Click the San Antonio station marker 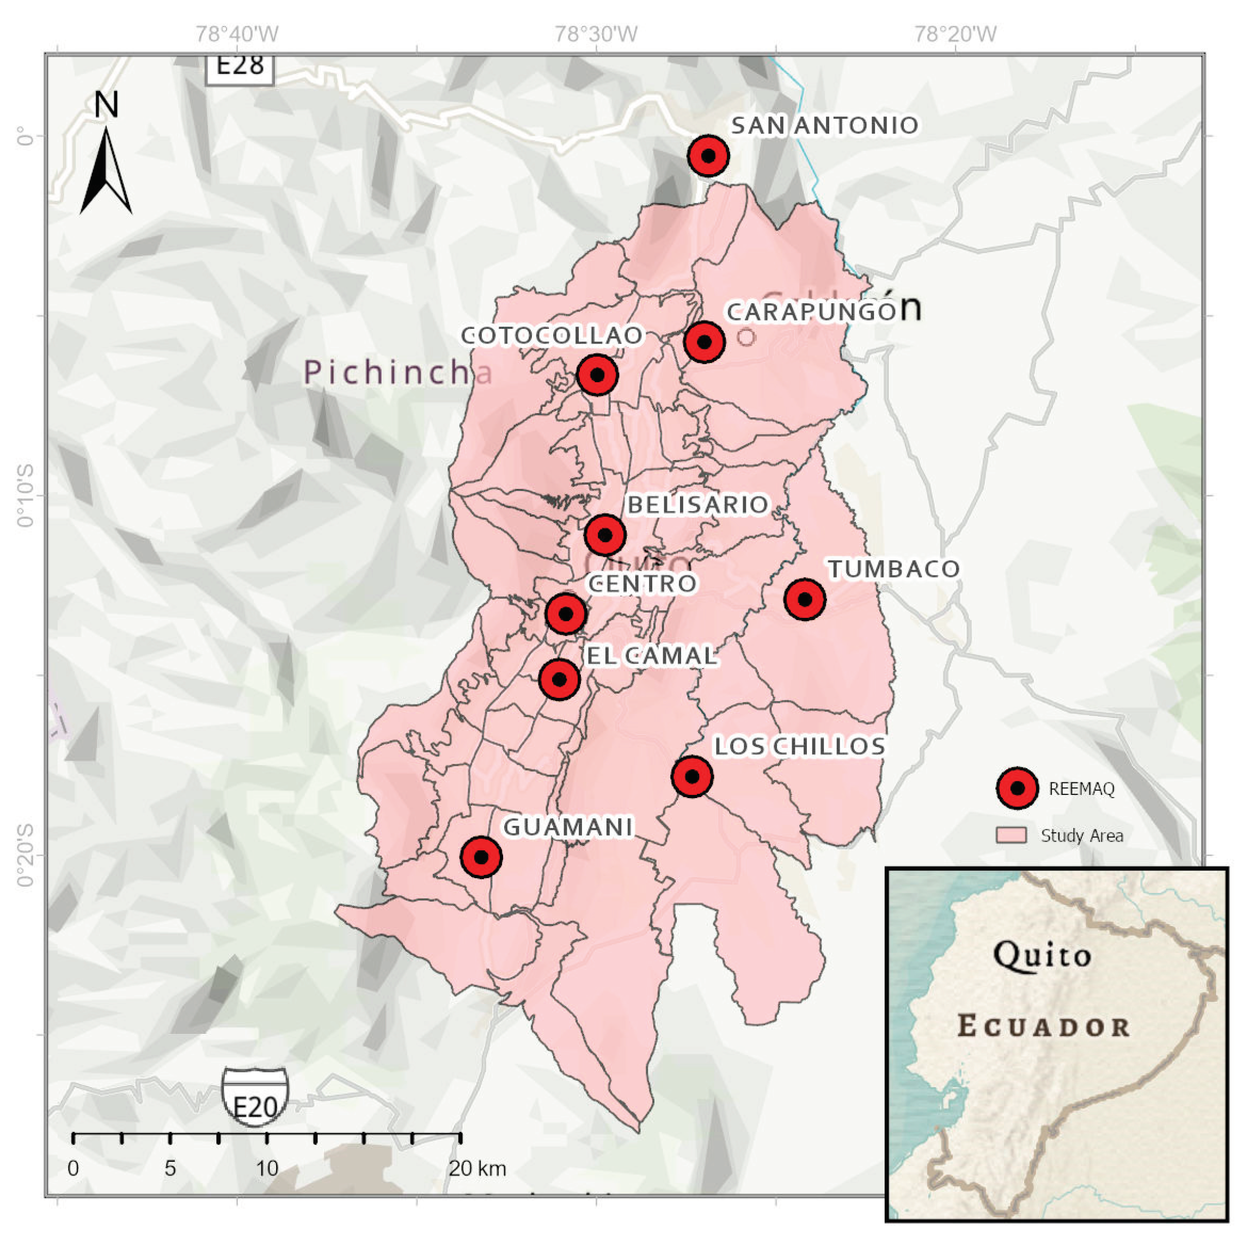click(x=708, y=155)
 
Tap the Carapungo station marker click(x=704, y=342)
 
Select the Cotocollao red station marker click(x=597, y=374)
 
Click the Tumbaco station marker click(x=804, y=599)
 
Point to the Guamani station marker click(x=481, y=857)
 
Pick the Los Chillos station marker click(x=691, y=777)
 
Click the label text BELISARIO click(x=697, y=505)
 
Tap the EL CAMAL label click(x=651, y=655)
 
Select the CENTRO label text click(x=642, y=584)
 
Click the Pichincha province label click(x=397, y=372)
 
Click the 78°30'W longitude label click(x=596, y=33)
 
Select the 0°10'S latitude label click(x=25, y=495)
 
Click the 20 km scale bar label click(x=477, y=1168)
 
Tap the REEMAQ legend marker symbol click(x=1017, y=788)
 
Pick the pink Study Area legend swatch click(x=1011, y=835)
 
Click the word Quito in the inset click(x=1042, y=955)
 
